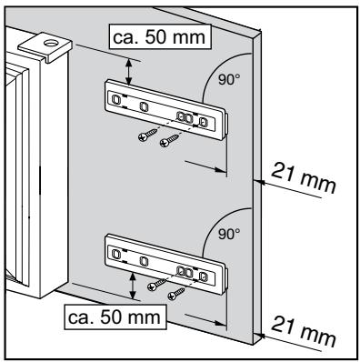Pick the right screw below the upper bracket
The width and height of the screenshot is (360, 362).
click(168, 142)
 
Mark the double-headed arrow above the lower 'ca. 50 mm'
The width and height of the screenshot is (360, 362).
click(134, 287)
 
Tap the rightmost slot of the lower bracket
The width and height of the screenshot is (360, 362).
click(204, 274)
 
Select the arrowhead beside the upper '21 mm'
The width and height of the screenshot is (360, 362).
click(257, 182)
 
